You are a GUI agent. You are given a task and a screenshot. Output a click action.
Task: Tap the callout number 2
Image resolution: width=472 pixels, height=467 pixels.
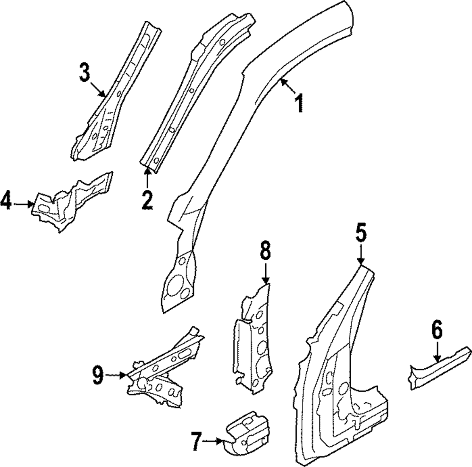(147, 200)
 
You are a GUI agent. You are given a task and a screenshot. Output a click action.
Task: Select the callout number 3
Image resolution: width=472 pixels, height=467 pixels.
(84, 73)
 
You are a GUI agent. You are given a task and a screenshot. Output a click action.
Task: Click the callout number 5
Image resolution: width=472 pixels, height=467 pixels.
(361, 234)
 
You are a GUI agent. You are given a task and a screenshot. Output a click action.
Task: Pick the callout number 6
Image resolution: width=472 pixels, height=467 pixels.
(437, 331)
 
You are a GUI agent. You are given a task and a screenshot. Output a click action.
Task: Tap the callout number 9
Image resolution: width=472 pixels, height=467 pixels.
(98, 375)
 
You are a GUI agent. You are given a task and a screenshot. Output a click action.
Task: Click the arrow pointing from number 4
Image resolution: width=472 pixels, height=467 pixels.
(24, 204)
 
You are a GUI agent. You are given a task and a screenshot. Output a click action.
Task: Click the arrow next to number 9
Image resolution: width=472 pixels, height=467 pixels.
(116, 375)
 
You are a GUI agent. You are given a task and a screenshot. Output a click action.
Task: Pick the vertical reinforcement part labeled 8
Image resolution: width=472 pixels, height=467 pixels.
(253, 340)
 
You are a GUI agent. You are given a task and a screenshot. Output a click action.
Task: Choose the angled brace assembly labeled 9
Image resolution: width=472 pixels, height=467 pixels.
(165, 373)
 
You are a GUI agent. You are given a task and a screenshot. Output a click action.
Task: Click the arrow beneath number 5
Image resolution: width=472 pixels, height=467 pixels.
(361, 255)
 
